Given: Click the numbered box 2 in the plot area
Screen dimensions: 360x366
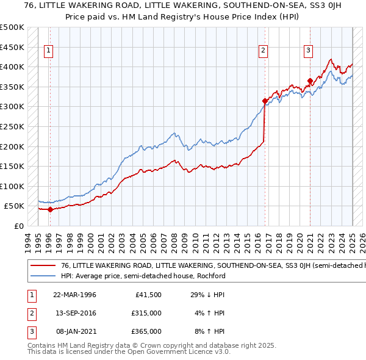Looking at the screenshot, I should [264, 51].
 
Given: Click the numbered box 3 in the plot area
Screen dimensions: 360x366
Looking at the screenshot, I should [309, 51].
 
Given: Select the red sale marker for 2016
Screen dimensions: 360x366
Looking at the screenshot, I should [265, 101].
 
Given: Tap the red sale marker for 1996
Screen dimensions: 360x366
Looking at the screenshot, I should [50, 209].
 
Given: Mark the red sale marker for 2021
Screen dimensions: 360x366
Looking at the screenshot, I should [310, 81].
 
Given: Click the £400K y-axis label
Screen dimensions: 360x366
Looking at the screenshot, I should [12, 67].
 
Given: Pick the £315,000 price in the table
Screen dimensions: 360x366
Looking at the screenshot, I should [145, 313].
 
